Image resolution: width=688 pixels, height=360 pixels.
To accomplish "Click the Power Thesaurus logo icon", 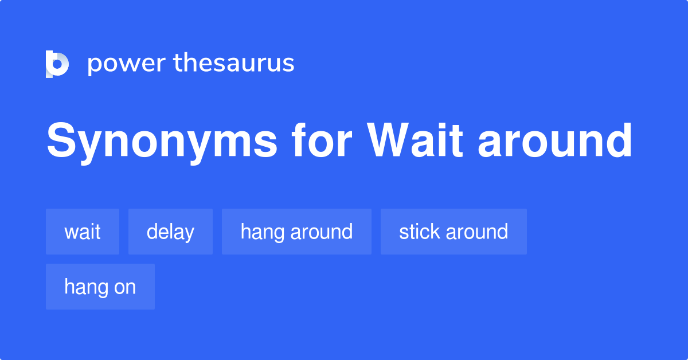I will (x=57, y=64).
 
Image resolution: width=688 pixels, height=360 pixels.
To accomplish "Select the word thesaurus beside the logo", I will (x=234, y=63).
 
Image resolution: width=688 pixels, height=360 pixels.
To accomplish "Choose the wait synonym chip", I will (x=83, y=232).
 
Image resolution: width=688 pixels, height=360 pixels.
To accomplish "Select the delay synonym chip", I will (x=170, y=232).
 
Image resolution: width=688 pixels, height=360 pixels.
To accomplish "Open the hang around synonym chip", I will (x=296, y=232).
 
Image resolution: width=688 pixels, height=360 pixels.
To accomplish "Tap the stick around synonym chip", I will (x=454, y=232).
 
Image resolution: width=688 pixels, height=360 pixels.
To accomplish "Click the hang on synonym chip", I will (x=100, y=287).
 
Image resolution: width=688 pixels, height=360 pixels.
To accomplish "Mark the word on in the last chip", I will (x=125, y=287).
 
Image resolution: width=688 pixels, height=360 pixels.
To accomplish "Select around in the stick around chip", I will (x=476, y=232).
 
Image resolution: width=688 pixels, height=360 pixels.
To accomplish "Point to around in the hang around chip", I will (x=321, y=232).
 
